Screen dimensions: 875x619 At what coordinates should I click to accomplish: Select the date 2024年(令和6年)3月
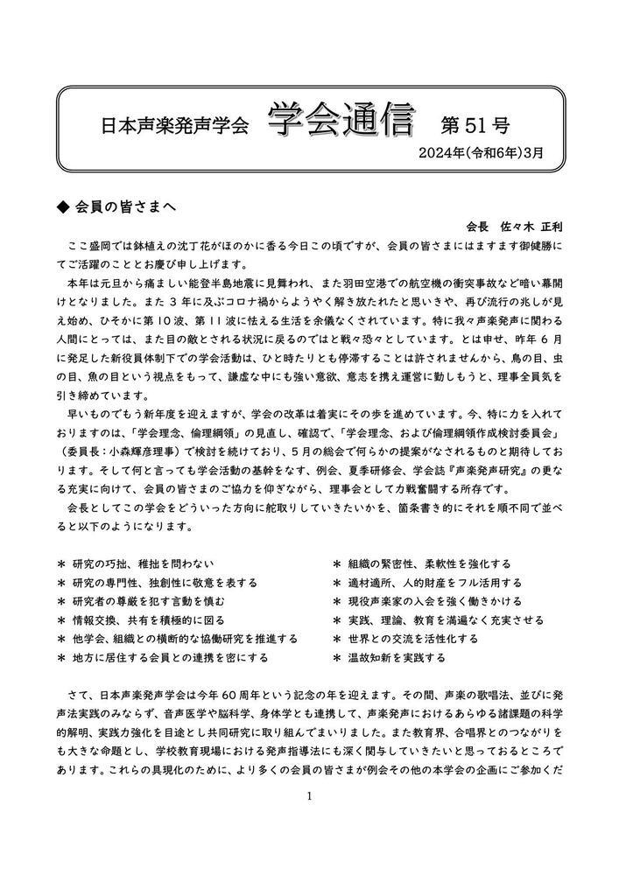coord(481,151)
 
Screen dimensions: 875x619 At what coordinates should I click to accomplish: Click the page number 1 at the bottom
coord(310,796)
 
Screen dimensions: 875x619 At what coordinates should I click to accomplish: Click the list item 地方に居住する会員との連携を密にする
coord(171,656)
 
